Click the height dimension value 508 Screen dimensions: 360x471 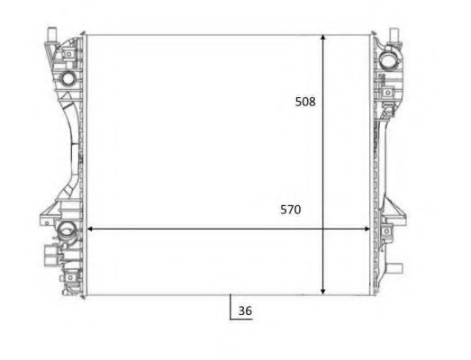(x=305, y=102)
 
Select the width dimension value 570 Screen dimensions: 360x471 (x=290, y=210)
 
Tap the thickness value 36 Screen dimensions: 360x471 (x=245, y=312)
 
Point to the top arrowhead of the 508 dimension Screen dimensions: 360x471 (x=323, y=39)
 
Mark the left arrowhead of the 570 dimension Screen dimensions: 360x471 (x=88, y=229)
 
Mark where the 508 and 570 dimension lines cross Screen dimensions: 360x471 (x=323, y=229)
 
